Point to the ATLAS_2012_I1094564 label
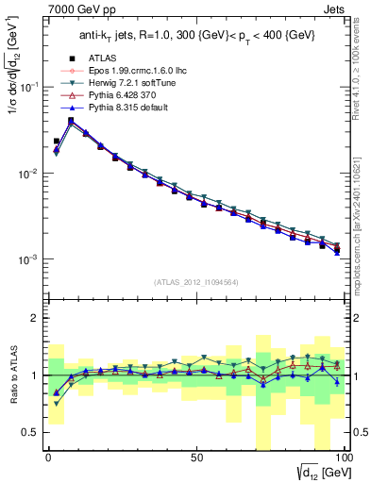click(195, 281)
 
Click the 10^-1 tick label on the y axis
click(26, 87)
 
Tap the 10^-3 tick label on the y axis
click(26, 259)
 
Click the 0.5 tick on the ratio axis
click(31, 432)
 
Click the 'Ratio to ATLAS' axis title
click(10, 375)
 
